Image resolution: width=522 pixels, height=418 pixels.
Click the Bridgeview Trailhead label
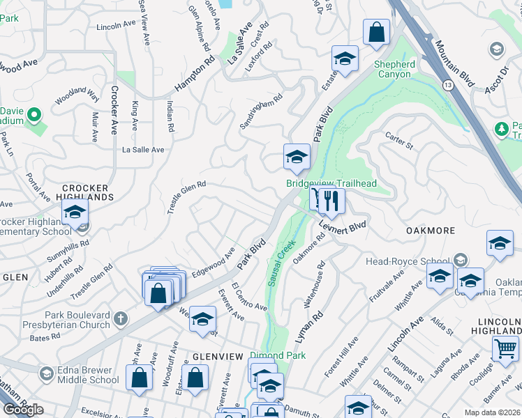[x=331, y=183]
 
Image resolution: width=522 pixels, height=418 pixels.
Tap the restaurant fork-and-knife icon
[x=331, y=201]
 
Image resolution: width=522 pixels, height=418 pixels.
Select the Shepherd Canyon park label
[x=394, y=69]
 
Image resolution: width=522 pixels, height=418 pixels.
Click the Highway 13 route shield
[x=446, y=84]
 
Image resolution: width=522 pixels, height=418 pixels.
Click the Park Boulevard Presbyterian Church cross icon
[x=121, y=318]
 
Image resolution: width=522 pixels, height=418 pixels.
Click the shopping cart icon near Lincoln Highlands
[x=505, y=348]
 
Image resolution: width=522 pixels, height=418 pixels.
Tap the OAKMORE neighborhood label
[x=431, y=231]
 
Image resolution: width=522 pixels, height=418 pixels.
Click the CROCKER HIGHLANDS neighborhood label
[x=85, y=192]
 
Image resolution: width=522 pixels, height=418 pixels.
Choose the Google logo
[x=23, y=410]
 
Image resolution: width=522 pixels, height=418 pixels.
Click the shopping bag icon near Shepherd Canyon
[x=376, y=32]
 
